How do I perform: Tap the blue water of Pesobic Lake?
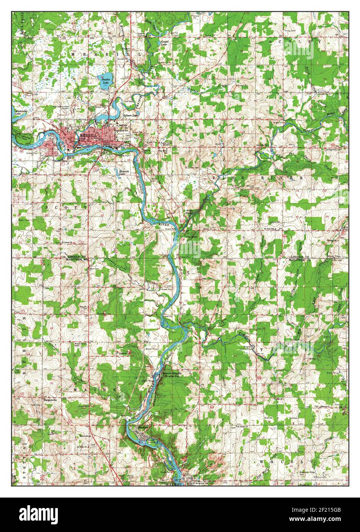[x=106, y=80]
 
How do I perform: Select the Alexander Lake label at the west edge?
[x=19, y=111]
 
